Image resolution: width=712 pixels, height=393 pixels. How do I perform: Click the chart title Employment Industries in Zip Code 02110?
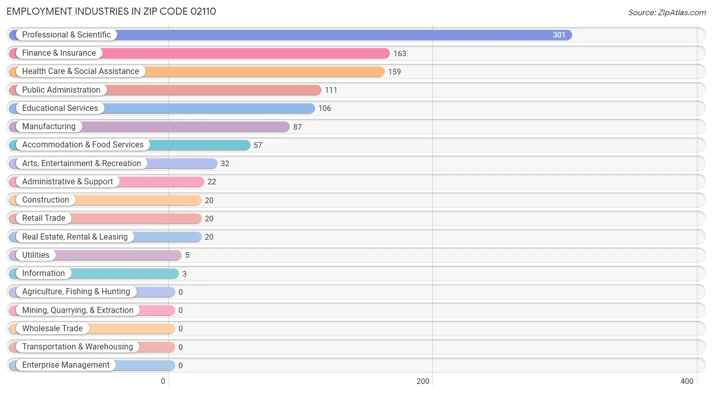tap(111, 11)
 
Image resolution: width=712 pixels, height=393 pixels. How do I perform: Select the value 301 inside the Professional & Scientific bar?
tap(559, 35)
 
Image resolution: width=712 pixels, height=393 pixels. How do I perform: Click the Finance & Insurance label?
tap(59, 53)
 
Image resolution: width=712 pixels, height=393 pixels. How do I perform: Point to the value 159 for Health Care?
tap(394, 72)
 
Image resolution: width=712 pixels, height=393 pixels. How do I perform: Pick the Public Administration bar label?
tap(61, 90)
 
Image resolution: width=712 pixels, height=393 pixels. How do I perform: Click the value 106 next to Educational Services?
tap(325, 108)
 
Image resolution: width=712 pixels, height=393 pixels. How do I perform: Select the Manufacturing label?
tap(49, 127)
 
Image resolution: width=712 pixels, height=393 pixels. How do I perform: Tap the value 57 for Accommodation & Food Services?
tap(258, 145)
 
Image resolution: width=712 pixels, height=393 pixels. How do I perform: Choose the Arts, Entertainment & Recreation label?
tap(82, 164)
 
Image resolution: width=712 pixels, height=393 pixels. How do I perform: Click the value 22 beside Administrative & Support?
tap(212, 182)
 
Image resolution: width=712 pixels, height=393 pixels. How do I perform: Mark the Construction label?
tap(46, 200)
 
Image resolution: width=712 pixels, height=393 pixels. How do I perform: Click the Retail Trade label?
tap(44, 218)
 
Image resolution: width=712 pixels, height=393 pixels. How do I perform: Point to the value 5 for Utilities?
tap(187, 255)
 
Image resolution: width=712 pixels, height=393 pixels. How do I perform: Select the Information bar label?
tap(44, 273)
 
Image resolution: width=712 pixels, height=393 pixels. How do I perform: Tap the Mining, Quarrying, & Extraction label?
tap(78, 310)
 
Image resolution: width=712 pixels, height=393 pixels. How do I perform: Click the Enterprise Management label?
tap(66, 365)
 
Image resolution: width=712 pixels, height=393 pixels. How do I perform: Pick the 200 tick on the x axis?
tap(423, 381)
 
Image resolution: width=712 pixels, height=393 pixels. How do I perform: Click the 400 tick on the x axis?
tap(687, 381)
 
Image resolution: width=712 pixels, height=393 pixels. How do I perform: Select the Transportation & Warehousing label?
tap(77, 347)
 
